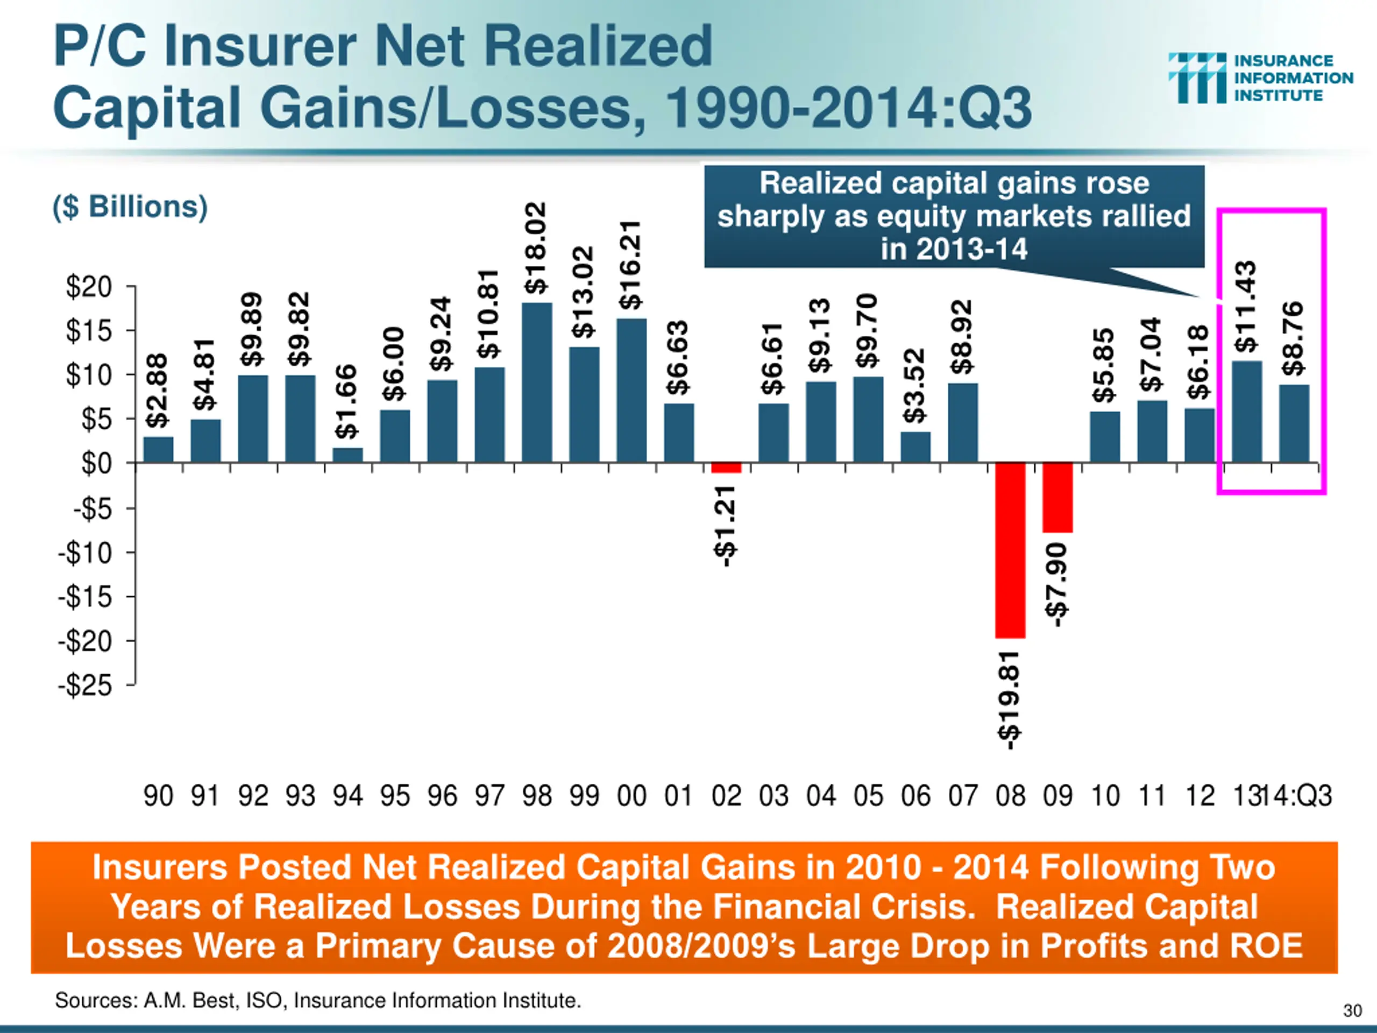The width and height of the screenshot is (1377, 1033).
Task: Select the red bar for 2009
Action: (x=1057, y=498)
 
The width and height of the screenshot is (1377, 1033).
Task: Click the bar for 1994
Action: (x=347, y=455)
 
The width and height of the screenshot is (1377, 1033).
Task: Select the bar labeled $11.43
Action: (x=1247, y=412)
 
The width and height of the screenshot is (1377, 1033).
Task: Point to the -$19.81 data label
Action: (x=1009, y=700)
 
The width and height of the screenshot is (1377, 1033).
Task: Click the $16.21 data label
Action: (x=630, y=265)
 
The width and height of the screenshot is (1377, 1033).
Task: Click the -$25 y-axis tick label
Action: (x=86, y=685)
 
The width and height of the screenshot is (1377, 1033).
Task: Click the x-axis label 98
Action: (x=537, y=796)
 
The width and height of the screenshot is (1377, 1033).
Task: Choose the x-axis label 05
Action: (x=868, y=796)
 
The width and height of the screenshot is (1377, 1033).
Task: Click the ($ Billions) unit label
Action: (x=130, y=207)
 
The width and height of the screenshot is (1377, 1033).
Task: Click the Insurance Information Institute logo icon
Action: (x=1196, y=78)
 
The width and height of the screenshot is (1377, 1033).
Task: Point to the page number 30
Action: (x=1352, y=1010)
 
